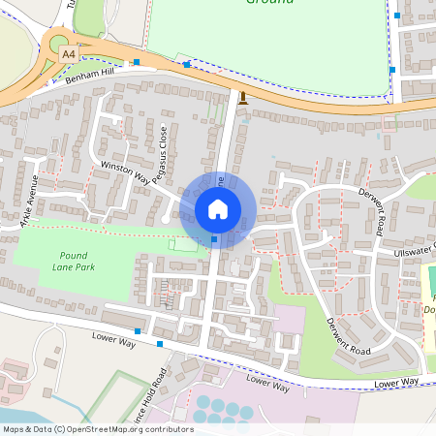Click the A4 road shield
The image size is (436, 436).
click(68, 55)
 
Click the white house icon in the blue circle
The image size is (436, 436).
click(218, 208)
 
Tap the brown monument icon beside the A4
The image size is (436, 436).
click(241, 98)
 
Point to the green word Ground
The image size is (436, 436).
click(264, 3)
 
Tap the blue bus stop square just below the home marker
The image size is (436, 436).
click(214, 239)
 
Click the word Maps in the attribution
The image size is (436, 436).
click(14, 429)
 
